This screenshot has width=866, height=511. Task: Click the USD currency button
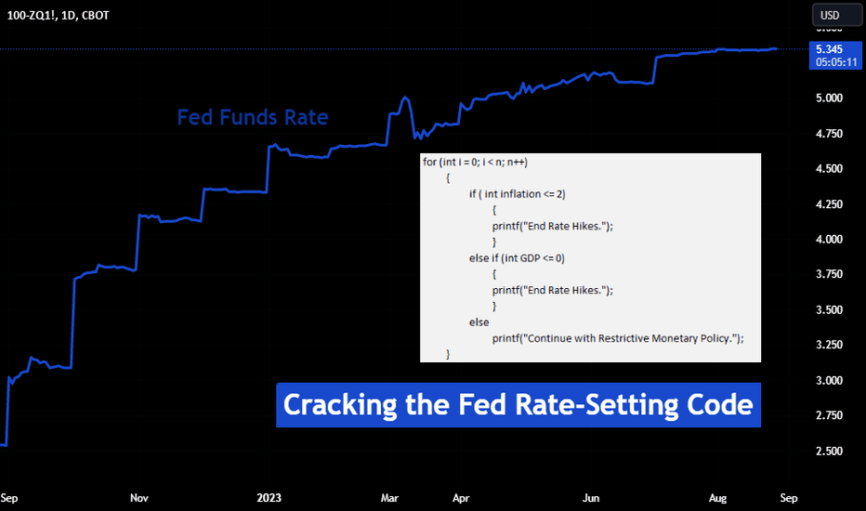[836, 15]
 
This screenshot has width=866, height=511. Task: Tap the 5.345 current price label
[829, 49]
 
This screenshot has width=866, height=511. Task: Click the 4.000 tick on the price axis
[829, 239]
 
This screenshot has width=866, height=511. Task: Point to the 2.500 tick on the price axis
[829, 451]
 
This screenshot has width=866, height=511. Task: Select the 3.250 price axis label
[829, 345]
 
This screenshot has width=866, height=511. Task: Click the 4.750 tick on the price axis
[829, 134]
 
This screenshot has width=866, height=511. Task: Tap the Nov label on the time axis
[139, 498]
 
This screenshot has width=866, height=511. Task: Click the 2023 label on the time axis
[269, 498]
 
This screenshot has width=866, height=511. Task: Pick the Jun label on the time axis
[591, 498]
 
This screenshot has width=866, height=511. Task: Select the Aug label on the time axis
[717, 498]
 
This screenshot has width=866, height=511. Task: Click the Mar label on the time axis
[389, 498]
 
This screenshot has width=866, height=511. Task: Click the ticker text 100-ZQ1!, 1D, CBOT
[58, 16]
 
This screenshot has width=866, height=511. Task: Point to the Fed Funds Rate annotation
[253, 117]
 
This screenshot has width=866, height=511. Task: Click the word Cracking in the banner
[340, 405]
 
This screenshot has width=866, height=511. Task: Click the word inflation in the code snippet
[520, 194]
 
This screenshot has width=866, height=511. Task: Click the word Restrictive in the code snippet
[623, 338]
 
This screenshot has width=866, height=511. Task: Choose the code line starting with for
[475, 162]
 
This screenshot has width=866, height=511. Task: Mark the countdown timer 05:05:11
[836, 62]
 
